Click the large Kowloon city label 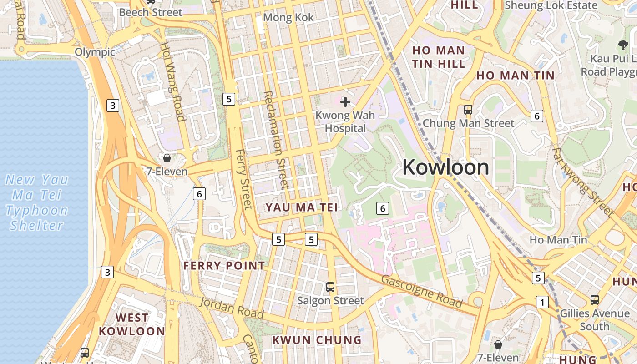pos(445,167)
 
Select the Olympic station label pos(95,52)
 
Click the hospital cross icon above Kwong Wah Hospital pos(345,101)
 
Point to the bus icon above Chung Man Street pos(468,109)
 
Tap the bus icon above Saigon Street pos(330,287)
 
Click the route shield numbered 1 pos(542,302)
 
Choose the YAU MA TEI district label pos(302,207)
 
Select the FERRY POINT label pos(224,266)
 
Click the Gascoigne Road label pos(421,291)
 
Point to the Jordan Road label pos(232,308)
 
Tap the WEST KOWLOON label pos(132,324)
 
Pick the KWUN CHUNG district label pos(317,340)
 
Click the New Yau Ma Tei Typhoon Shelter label pos(36,202)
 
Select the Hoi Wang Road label pos(173,82)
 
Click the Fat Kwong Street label pos(583,181)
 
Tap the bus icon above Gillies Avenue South pos(594,299)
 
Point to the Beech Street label pos(150,12)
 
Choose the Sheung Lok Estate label pos(551,5)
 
